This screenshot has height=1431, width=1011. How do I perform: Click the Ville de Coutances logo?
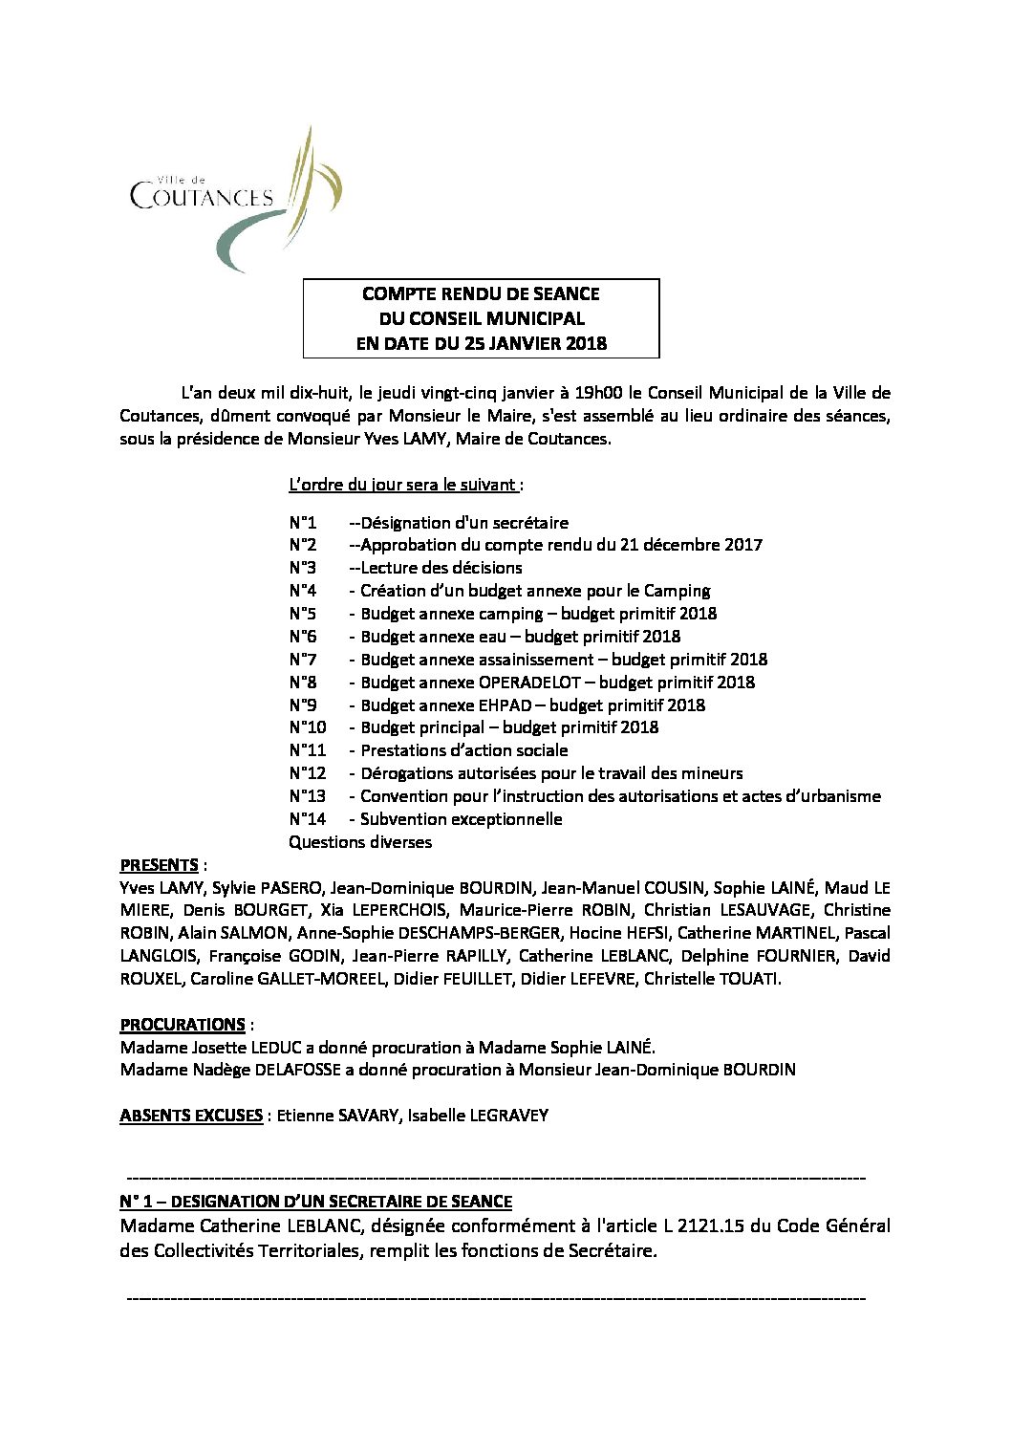coord(235,198)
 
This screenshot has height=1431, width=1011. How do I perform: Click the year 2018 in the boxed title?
coord(586,344)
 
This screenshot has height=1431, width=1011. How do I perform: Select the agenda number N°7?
coord(303,660)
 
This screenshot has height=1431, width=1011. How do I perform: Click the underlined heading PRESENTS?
coord(159,865)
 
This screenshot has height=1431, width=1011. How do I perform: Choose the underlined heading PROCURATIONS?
coord(183,1025)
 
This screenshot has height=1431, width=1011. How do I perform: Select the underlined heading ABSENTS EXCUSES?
coord(191,1116)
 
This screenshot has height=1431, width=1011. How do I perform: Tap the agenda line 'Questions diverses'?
coord(360,842)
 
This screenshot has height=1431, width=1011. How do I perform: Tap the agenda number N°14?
coord(307,819)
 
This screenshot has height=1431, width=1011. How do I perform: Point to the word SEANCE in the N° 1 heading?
coord(483,1202)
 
